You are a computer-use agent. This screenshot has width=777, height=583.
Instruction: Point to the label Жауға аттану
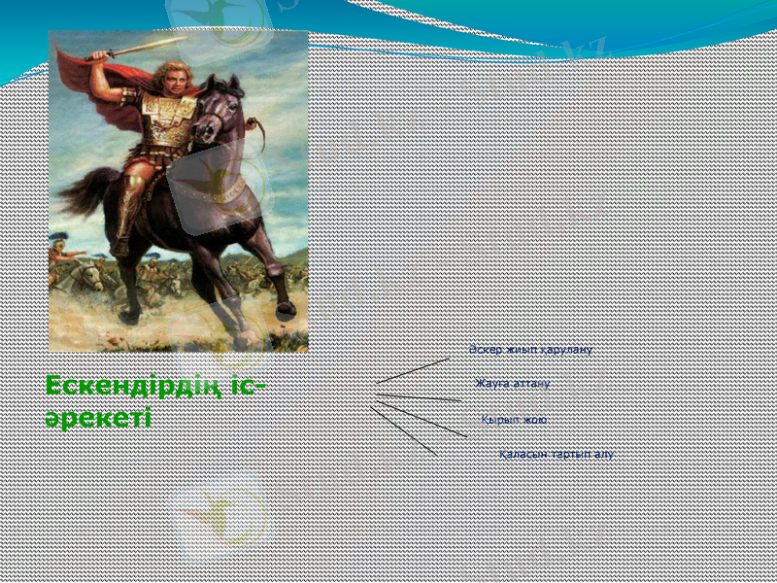click(513, 384)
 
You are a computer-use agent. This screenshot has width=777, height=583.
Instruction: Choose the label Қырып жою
click(514, 420)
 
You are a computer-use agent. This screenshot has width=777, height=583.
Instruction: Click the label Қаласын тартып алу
click(556, 455)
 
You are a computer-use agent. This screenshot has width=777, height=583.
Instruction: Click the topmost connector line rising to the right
click(413, 370)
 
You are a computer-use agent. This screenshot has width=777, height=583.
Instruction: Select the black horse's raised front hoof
click(285, 309)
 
